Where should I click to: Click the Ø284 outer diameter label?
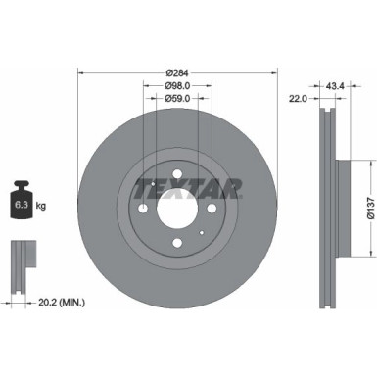177,73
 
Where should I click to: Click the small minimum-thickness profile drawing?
21,256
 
